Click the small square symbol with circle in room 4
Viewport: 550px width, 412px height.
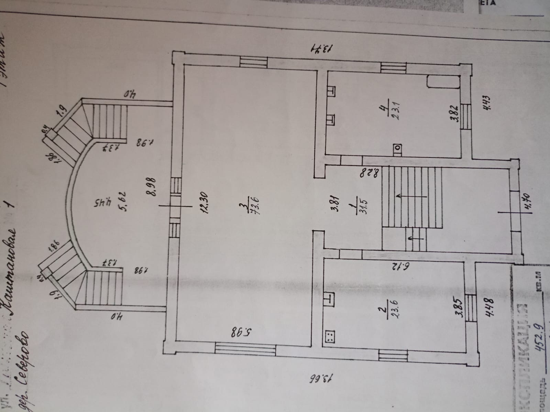pos(398,148)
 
